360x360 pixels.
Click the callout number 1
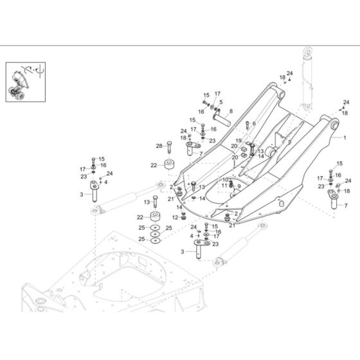tap(344, 137)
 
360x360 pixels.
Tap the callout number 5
tap(221, 102)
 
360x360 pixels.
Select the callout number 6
tap(254, 123)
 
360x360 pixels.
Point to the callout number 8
tap(231, 112)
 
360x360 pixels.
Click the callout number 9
tap(239, 186)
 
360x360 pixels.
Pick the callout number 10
tap(225, 180)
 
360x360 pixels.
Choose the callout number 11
tap(225, 186)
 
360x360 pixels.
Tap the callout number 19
tap(239, 141)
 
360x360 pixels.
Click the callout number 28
tap(159, 146)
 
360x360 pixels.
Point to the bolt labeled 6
tap(246, 124)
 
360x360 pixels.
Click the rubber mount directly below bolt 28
tap(170, 165)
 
